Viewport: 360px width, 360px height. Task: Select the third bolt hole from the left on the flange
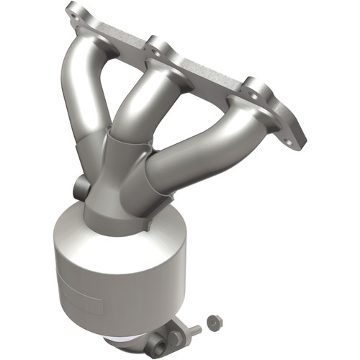click(251, 91)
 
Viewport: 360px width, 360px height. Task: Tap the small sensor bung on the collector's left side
click(81, 189)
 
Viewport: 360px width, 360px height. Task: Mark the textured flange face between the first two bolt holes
click(119, 30)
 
